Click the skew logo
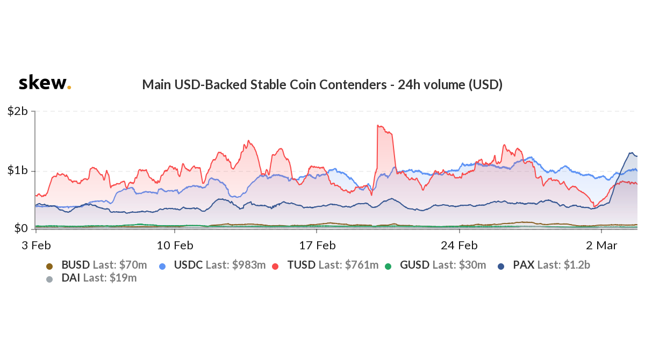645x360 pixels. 44,83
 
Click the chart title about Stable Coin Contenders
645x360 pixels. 322,84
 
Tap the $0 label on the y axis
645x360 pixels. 21,229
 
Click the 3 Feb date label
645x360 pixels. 36,246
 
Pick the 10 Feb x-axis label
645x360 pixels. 176,246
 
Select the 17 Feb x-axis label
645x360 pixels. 317,246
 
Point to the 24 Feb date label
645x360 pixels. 460,246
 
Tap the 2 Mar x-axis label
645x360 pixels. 601,246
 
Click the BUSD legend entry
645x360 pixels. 97,265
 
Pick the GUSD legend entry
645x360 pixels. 436,265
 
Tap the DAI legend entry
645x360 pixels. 91,278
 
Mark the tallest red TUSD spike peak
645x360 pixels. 379,126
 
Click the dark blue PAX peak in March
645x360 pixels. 630,153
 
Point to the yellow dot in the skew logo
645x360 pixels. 69,88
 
